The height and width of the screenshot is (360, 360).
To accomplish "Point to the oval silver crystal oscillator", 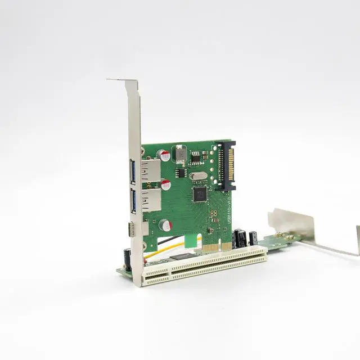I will point(198,175).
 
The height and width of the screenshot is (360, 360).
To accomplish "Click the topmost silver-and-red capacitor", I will point(165,155).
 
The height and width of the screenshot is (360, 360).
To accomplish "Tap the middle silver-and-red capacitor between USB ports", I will point(166,185).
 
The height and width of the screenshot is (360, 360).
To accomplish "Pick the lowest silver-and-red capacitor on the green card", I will point(165,226).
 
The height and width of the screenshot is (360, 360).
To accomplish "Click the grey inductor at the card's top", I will point(181,153).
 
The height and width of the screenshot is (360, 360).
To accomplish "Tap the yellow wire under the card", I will point(169,248).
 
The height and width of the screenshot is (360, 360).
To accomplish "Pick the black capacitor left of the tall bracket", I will point(128,258).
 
